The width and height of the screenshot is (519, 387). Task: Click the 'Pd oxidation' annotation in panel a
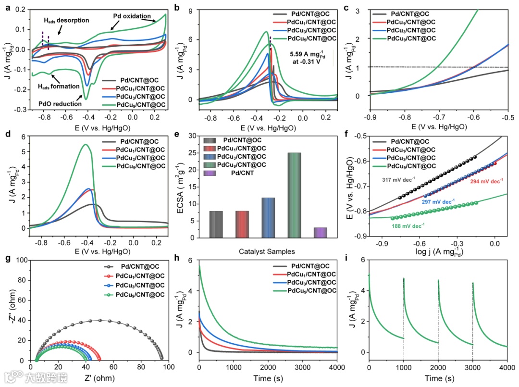click(x=132, y=16)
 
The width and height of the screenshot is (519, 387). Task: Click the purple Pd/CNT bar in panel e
click(x=321, y=232)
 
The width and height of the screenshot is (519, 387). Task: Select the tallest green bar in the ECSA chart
click(x=294, y=195)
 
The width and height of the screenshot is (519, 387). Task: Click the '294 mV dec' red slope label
click(x=486, y=181)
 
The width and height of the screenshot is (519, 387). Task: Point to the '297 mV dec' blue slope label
click(x=438, y=201)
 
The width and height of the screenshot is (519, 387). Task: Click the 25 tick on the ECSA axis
click(x=192, y=153)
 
